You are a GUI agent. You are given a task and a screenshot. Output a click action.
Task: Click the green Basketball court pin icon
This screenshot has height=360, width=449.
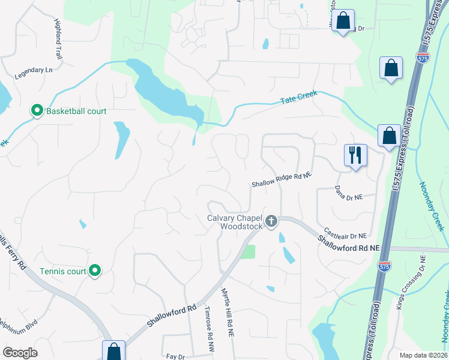coord(37,111)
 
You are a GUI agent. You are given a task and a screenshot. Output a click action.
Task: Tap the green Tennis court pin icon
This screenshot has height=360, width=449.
coord(95,271)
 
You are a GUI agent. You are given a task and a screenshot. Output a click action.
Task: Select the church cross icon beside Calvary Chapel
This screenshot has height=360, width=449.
coord(271,222)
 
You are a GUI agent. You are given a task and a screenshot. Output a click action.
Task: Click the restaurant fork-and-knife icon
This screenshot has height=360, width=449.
coord(355,155)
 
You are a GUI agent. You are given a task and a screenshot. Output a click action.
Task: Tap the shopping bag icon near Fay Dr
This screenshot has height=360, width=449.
coord(113,351)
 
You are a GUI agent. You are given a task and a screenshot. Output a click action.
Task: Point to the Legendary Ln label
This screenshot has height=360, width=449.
coord(33,70)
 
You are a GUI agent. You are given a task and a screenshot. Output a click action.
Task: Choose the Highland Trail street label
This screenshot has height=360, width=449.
coord(58,40)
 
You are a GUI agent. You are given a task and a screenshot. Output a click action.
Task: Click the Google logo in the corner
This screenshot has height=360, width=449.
coord(20,353)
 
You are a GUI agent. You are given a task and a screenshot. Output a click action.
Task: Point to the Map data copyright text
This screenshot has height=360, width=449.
coord(423,355)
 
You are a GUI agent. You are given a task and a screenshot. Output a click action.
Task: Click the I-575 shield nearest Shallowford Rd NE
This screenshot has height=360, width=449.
coord(382,264)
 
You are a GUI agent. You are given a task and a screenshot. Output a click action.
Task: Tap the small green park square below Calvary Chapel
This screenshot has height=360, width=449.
coord(248,251)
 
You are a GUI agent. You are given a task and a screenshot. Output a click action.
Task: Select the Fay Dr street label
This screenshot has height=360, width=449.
coord(175,356)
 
